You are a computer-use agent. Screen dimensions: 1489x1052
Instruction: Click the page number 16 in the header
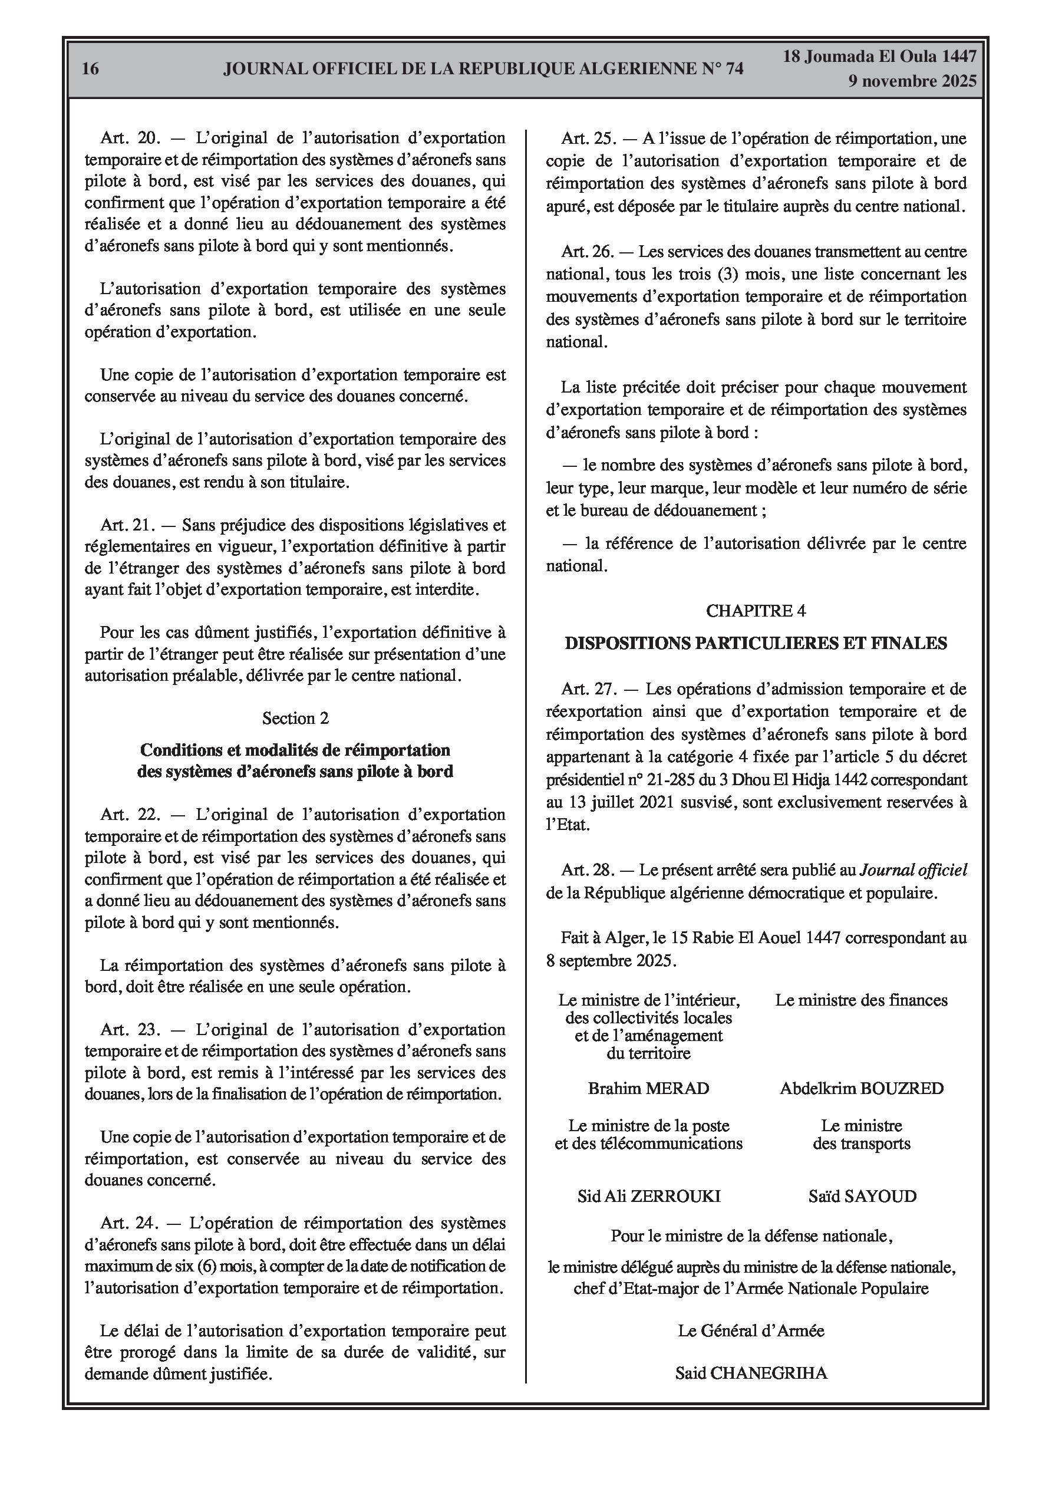pyautogui.click(x=91, y=69)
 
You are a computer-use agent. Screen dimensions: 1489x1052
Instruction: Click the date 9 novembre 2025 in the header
pyautogui.click(x=912, y=81)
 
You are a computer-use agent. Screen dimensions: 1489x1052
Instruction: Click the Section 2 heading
pyautogui.click(x=295, y=718)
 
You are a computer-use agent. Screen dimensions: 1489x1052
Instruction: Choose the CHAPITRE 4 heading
pyautogui.click(x=756, y=610)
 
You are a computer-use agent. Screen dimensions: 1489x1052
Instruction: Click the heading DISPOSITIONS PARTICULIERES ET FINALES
pyautogui.click(x=756, y=643)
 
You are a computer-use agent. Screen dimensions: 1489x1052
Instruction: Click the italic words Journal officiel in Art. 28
pyautogui.click(x=913, y=870)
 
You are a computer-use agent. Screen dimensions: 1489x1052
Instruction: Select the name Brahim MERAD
pyautogui.click(x=648, y=1088)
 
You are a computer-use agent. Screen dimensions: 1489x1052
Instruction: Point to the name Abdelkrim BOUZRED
pyautogui.click(x=861, y=1088)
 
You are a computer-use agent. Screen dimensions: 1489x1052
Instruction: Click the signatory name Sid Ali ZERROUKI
pyautogui.click(x=648, y=1196)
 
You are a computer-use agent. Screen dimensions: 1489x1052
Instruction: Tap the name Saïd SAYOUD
pyautogui.click(x=862, y=1196)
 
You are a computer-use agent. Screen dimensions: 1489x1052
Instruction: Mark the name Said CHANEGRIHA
pyautogui.click(x=751, y=1372)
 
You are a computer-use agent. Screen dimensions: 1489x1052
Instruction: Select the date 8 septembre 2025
pyautogui.click(x=611, y=960)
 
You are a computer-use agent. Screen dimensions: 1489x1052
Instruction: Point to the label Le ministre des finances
pyautogui.click(x=861, y=1000)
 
